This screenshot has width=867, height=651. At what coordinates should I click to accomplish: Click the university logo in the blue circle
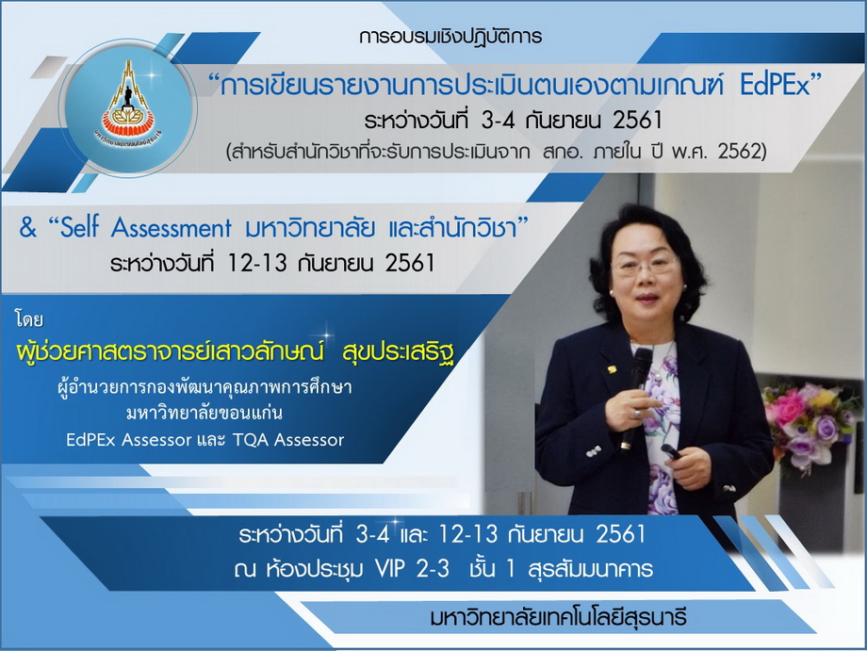click(128, 105)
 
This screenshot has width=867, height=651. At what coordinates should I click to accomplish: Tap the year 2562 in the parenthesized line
click(739, 152)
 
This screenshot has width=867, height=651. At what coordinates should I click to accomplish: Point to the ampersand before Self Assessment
click(27, 227)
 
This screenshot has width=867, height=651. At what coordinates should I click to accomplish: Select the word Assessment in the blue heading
click(171, 228)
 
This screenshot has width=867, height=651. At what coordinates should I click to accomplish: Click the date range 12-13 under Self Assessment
click(257, 263)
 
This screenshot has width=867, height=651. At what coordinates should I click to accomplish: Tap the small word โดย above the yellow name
click(29, 319)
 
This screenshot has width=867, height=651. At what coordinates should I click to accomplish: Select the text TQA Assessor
click(288, 440)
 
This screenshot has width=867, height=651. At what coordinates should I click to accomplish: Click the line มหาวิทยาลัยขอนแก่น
click(204, 413)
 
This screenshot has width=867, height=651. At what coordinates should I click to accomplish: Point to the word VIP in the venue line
click(390, 569)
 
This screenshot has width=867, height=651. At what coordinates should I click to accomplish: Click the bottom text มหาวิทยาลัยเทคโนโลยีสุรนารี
click(558, 617)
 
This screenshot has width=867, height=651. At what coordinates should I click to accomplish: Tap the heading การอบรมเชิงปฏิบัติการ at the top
click(450, 37)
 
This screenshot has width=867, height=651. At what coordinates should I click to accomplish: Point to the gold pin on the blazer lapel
click(612, 368)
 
